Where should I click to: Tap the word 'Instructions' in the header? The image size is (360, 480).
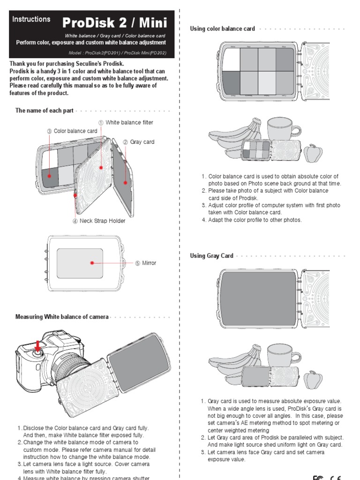point(31,19)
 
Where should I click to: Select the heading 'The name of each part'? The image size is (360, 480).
point(44,111)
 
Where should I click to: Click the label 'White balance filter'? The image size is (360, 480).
point(129,123)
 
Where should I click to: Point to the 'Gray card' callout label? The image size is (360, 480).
point(142,142)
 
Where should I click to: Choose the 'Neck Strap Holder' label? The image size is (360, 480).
point(102,221)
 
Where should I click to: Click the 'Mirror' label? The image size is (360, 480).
point(149,263)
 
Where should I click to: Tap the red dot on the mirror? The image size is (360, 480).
point(92,263)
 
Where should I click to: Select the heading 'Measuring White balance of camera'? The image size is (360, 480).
point(62,317)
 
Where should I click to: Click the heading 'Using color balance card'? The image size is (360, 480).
point(222,29)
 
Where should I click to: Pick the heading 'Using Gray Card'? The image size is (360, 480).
point(211,256)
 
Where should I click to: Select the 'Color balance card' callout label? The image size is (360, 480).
point(75,131)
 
